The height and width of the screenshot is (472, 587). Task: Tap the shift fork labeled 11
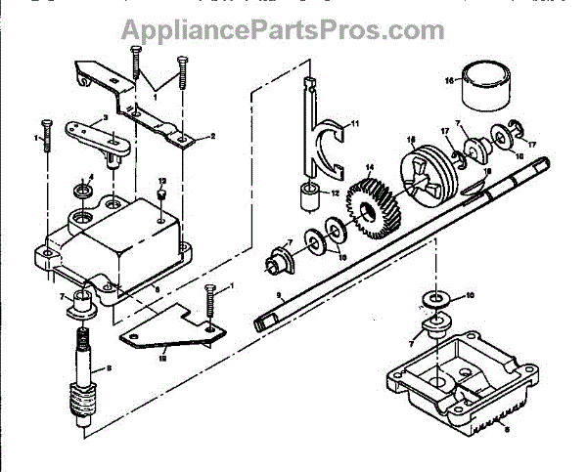[322, 137]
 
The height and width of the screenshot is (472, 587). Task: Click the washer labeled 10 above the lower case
[433, 298]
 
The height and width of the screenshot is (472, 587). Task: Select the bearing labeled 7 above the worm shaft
[77, 311]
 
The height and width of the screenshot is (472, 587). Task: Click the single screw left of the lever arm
[46, 137]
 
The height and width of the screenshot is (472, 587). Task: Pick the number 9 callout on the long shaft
[280, 294]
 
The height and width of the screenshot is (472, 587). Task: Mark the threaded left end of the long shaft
[264, 320]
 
